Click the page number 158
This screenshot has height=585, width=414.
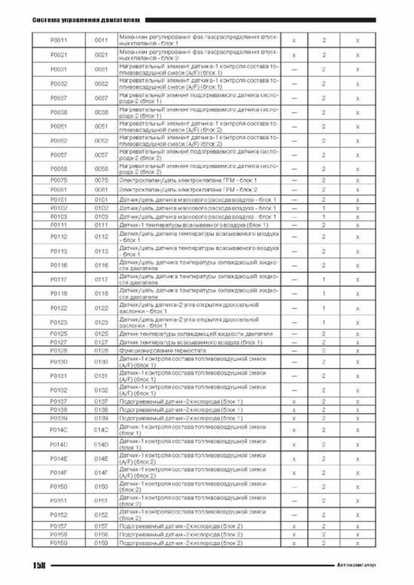39,565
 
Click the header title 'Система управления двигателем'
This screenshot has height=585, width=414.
86,20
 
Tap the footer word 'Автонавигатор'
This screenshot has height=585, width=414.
356,565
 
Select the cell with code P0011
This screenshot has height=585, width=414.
59,40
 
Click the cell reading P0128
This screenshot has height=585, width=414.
59,350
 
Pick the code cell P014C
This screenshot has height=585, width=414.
59,430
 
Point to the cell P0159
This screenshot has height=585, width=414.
59,543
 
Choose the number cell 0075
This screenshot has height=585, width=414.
101,180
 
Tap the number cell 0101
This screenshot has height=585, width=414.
101,200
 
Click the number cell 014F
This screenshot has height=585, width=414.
101,473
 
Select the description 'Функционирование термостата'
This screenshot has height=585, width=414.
162,350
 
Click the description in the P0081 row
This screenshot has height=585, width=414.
188,190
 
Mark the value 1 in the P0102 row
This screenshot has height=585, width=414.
324,208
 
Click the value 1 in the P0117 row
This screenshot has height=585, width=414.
324,279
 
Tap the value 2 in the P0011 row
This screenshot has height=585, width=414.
324,40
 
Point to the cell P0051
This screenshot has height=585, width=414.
59,126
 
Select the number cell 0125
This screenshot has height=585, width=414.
101,334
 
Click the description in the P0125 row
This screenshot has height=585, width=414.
196,334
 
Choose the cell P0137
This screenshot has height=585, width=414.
59,401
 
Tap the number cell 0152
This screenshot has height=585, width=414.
101,515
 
